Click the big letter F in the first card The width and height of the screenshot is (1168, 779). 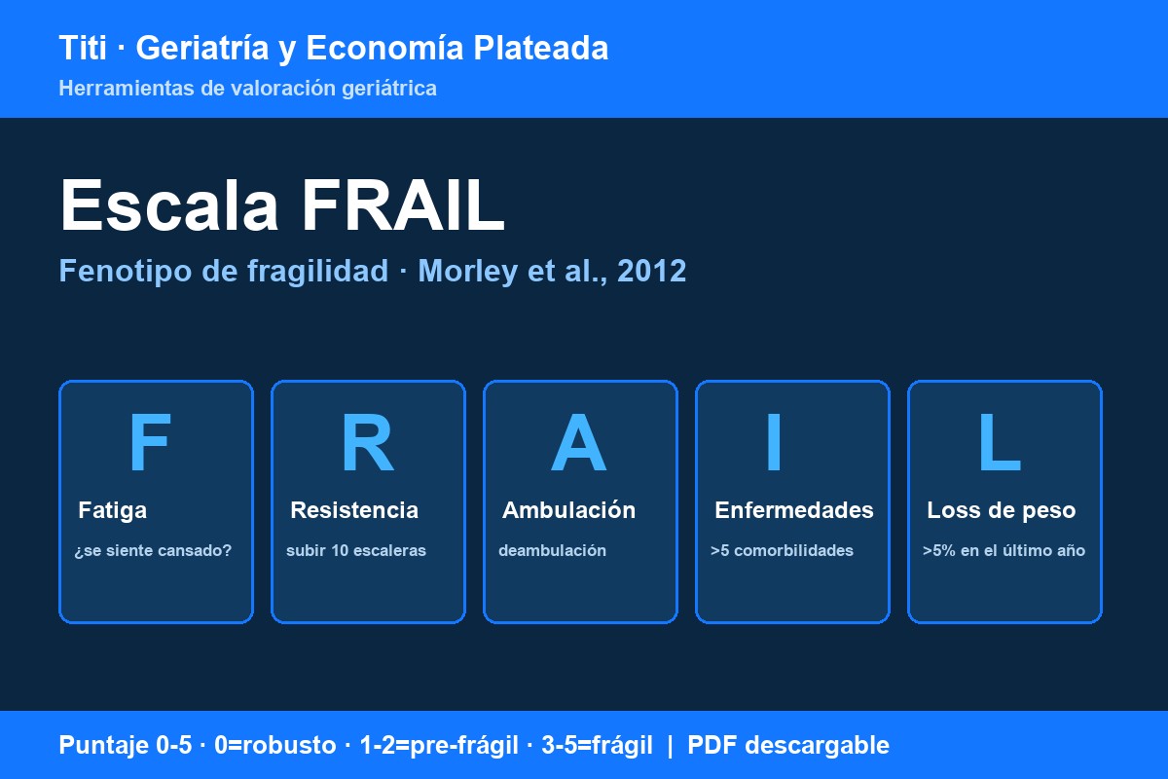tap(150, 442)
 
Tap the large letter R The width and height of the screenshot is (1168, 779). tap(368, 442)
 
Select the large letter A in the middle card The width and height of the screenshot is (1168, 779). tap(579, 442)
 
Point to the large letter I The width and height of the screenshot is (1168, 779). tap(774, 442)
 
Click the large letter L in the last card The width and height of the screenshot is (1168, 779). tap(1000, 442)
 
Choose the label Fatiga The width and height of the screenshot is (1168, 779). tap(112, 511)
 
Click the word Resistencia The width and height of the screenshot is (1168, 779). tap(354, 510)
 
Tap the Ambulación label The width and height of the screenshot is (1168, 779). tap(568, 510)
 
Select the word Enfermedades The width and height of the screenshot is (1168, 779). tap(793, 510)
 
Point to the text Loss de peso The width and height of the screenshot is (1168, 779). tap(1002, 511)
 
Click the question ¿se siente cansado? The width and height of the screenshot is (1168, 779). tap(153, 551)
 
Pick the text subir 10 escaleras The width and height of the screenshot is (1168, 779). tap(356, 550)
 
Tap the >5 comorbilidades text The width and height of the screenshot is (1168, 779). tap(782, 550)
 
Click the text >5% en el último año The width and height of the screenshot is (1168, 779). tap(1004, 550)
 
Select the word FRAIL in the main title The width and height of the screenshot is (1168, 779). tap(403, 204)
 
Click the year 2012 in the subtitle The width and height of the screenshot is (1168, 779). tap(652, 271)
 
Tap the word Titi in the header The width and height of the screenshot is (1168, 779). tap(83, 48)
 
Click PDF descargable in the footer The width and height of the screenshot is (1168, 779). tap(788, 745)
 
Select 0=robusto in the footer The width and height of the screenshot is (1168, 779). tap(275, 745)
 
